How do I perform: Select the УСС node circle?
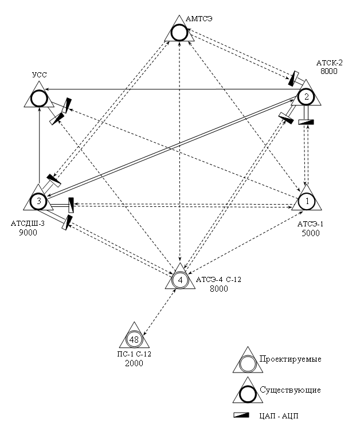pos(38,99)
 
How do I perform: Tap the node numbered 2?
pos(307,96)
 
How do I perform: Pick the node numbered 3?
pos(38,201)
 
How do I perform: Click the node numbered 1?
pos(307,201)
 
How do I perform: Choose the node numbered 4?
pos(180,280)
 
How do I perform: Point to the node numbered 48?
pos(135,340)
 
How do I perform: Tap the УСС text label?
pos(38,75)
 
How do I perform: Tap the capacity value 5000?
pos(311,233)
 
